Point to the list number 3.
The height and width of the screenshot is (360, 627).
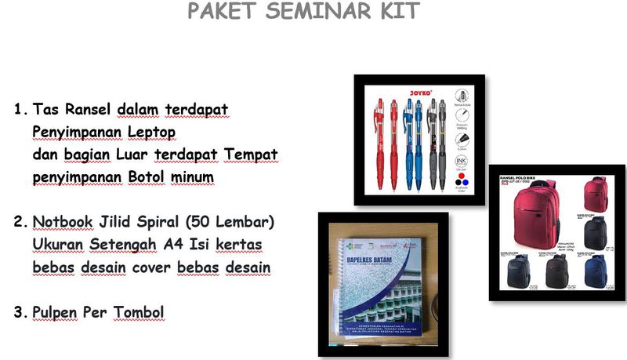pyautogui.click(x=20, y=313)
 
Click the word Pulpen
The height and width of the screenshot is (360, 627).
pyautogui.click(x=56, y=313)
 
